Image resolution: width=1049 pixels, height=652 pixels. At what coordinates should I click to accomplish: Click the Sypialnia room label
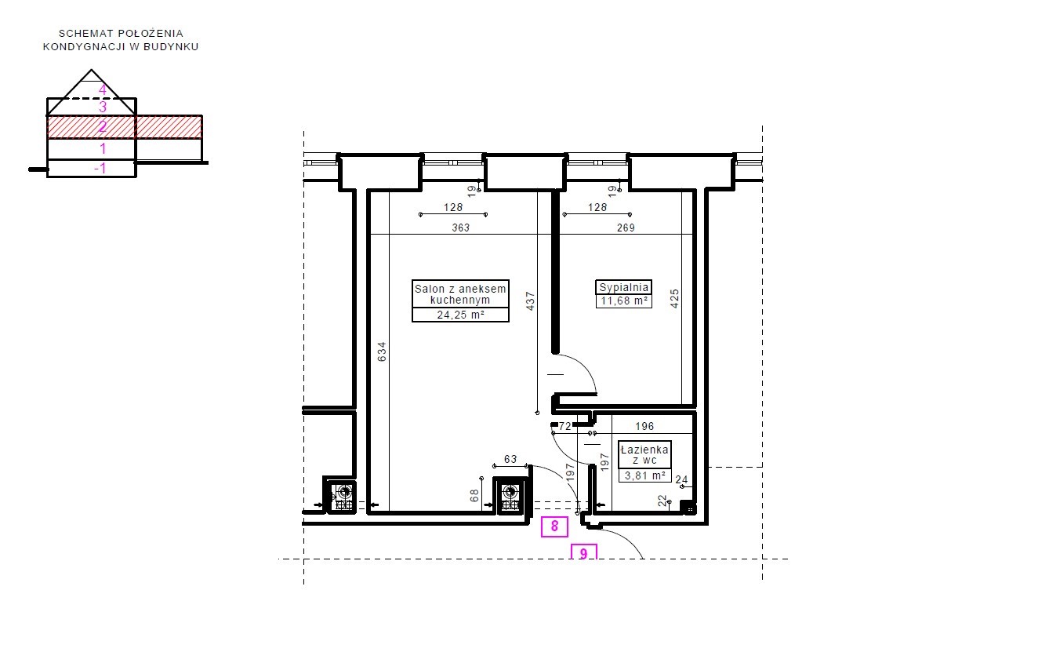coord(624,287)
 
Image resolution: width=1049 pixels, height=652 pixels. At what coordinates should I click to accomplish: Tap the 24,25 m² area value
coord(460,315)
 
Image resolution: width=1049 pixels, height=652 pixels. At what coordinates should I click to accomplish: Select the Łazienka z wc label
coord(644,454)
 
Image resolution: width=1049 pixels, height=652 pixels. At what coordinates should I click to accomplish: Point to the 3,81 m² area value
coord(645,475)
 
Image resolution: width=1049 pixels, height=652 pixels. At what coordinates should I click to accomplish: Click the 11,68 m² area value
coord(624,301)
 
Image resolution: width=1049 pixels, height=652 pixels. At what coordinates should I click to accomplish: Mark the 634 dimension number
coord(382,351)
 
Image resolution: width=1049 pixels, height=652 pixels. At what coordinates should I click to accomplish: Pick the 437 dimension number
coord(530,301)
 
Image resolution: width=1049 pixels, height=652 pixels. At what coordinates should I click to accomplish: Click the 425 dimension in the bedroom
coord(675,299)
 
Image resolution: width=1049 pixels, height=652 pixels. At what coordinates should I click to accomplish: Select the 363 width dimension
coord(461,228)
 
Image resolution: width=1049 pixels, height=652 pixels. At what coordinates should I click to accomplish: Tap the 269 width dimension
coord(626,228)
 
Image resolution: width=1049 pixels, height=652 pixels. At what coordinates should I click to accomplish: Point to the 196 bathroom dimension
coord(644,426)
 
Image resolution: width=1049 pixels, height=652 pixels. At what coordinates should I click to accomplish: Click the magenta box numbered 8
coord(554,526)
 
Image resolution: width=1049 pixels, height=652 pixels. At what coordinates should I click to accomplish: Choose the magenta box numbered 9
coord(583,552)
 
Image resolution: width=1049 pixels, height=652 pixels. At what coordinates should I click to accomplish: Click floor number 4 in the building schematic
coord(103,89)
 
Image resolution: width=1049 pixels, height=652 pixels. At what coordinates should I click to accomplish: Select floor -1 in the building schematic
coord(100,168)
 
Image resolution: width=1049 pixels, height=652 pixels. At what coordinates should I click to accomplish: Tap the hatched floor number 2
coord(103,126)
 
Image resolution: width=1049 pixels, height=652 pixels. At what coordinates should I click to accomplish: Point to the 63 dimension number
coord(510,459)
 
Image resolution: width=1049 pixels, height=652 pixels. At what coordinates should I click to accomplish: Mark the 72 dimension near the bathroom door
coord(564,426)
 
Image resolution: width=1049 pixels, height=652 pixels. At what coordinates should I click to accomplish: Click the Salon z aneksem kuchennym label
coord(460,294)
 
